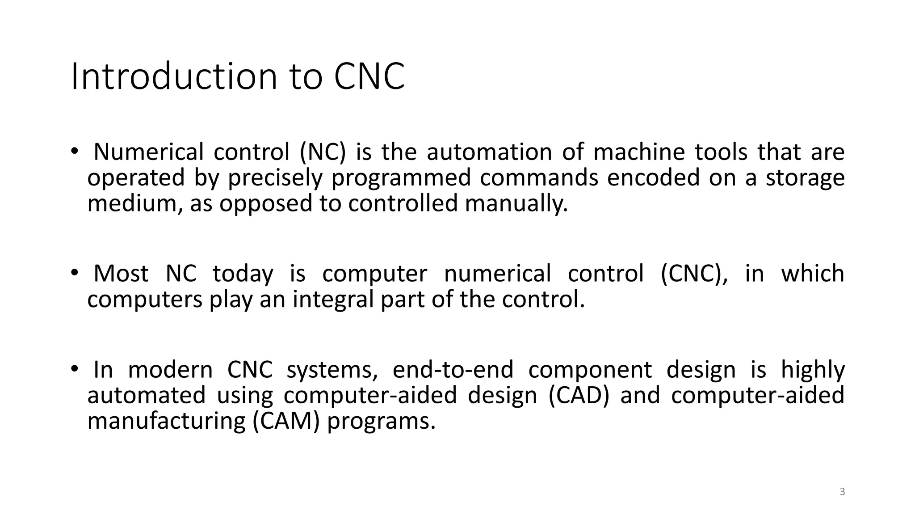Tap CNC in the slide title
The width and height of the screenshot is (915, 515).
coord(369,76)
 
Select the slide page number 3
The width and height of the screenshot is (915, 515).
coord(842,492)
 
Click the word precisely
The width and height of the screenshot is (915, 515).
coord(275,177)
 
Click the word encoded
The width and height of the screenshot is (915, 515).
coord(653,177)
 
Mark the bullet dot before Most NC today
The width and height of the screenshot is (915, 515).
coord(74,272)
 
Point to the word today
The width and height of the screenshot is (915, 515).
coord(243,274)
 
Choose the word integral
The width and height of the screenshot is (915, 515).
coord(333,299)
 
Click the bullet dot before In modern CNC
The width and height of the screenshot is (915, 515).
coord(74,369)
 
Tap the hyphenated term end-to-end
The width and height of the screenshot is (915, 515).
coord(453,370)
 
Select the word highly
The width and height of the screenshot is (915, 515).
coord(813,370)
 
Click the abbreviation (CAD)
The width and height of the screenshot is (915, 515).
coord(579,396)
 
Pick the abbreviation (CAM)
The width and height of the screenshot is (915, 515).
coord(286,421)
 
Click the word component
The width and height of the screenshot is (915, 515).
coord(590,370)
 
